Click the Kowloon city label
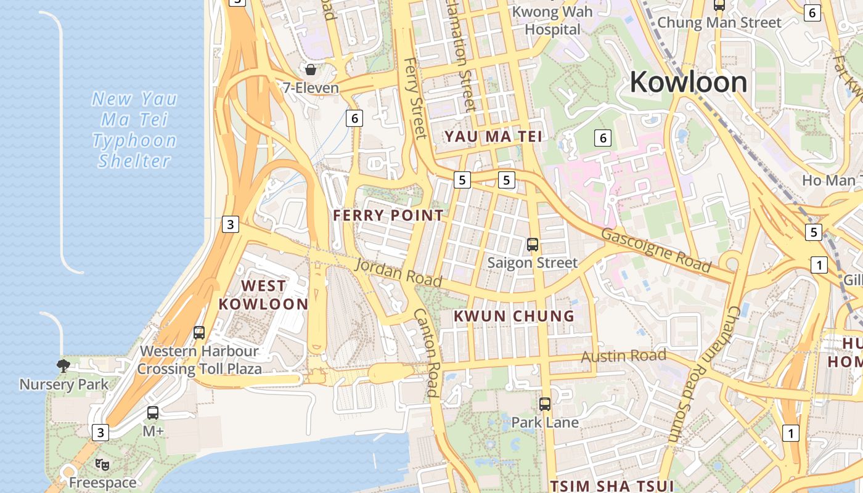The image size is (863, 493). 688,82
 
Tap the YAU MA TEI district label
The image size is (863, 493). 494,136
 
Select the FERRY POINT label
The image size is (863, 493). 388,215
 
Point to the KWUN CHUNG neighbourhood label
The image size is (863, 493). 514,316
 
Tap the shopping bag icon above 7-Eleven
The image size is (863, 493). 311,69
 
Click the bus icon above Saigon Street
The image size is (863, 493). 533,245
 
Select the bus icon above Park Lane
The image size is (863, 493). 545,404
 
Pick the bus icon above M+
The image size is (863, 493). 153,413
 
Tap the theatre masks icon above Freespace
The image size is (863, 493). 102,465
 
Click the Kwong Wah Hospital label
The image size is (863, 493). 552,20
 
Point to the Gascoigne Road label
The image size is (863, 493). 656,250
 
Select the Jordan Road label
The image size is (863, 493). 399,272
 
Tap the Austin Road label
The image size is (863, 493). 624,356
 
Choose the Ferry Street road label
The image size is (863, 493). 415,99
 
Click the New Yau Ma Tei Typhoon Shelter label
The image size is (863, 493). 134,129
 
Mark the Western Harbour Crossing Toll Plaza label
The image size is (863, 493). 199,361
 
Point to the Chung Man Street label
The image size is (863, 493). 719,23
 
